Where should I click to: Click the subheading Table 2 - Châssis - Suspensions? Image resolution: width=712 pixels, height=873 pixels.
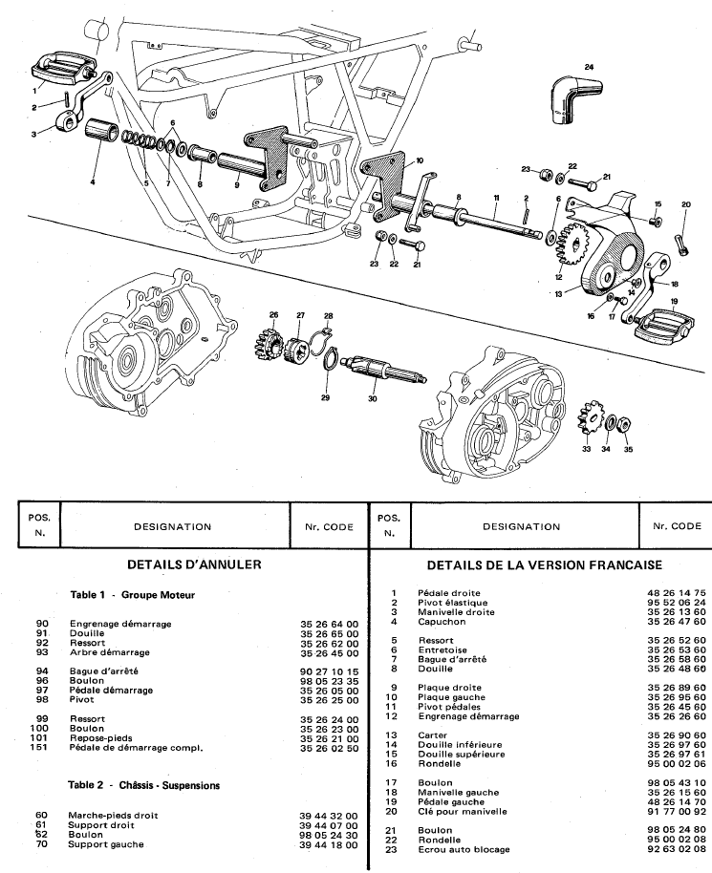point(144,785)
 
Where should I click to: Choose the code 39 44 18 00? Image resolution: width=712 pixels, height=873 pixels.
point(327,844)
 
